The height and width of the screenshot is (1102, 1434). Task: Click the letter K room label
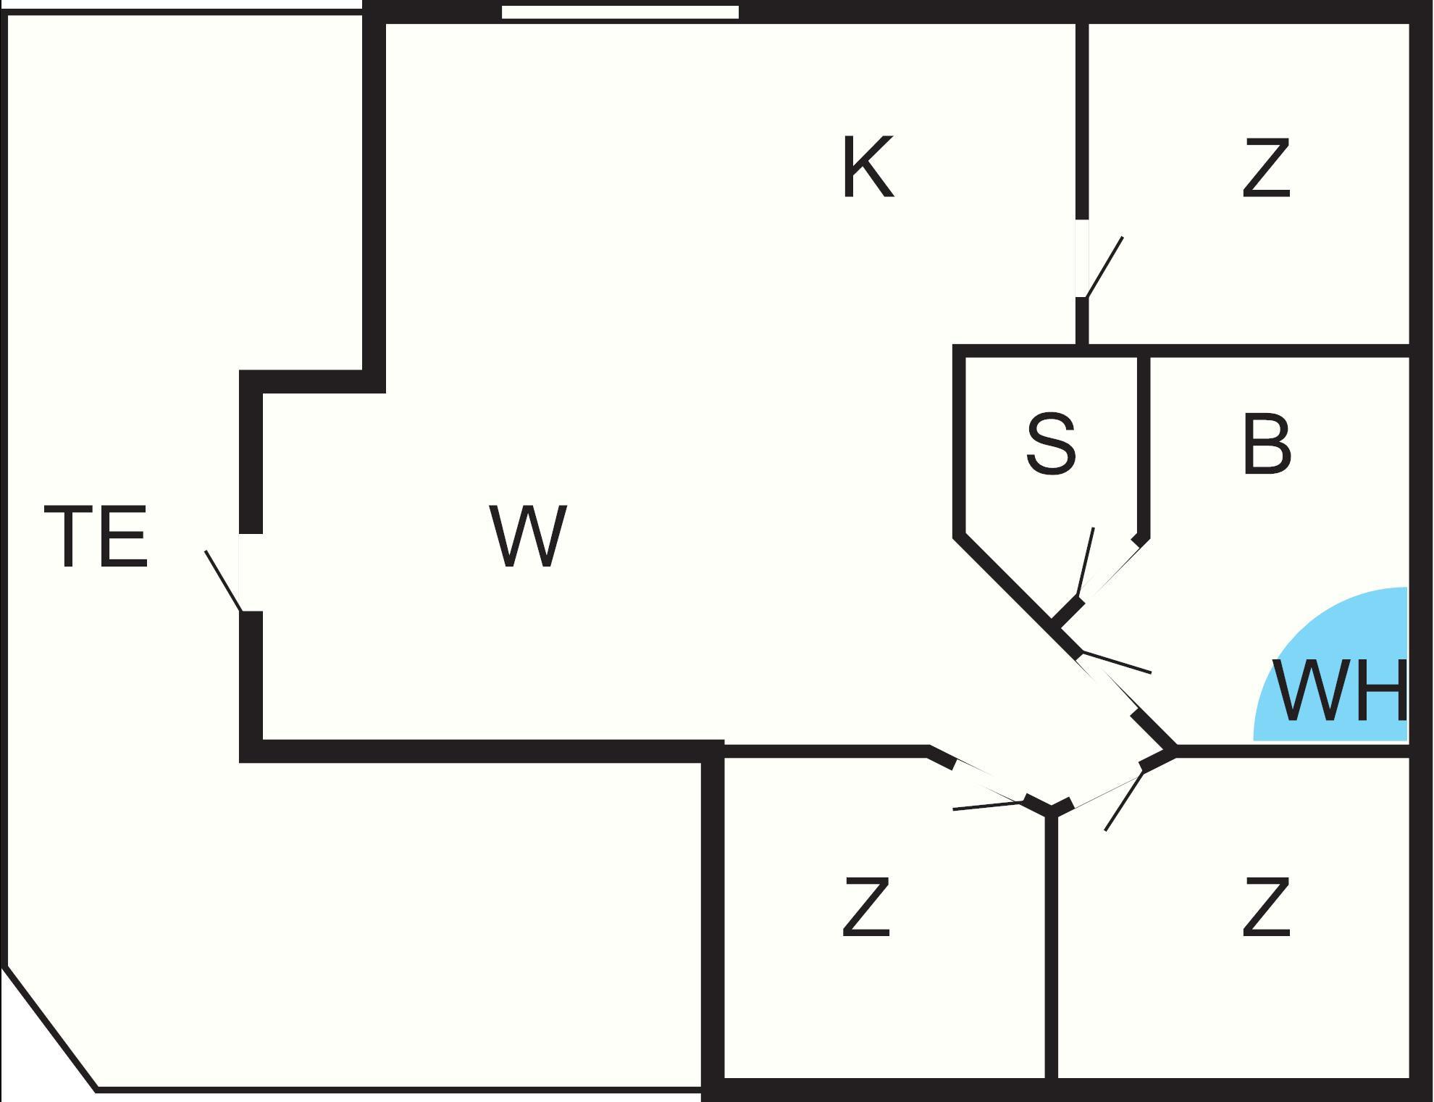point(868,167)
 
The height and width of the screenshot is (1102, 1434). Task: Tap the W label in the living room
point(527,536)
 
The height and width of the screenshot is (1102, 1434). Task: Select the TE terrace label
point(96,536)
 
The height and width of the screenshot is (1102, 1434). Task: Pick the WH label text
point(1340,690)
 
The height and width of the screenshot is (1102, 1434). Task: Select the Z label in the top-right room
point(1266,167)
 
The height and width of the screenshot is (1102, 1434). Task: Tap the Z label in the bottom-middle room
point(866,906)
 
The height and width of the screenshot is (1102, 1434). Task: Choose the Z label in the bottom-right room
point(1266,906)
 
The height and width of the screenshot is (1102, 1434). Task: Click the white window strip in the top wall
point(620,12)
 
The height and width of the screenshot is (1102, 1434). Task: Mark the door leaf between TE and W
point(223,580)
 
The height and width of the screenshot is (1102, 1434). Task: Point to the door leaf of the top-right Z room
point(1104,267)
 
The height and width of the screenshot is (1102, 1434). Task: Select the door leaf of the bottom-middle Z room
point(989,806)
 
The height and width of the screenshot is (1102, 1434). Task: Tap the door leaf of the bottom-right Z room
point(1125,801)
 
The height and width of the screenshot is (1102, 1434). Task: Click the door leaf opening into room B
point(1115,664)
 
